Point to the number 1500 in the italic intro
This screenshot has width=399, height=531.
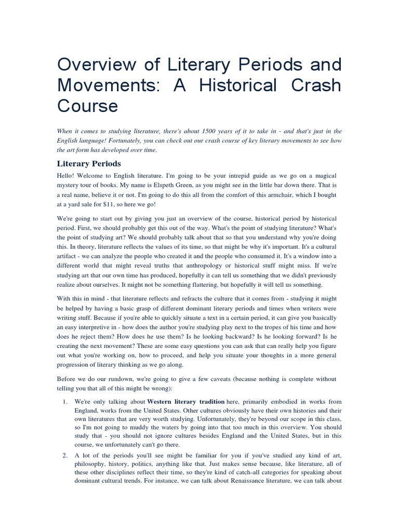click(x=224, y=131)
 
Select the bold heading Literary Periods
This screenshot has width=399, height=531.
click(x=88, y=164)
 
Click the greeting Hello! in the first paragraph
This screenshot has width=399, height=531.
click(x=66, y=176)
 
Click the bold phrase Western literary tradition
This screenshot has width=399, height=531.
click(x=186, y=402)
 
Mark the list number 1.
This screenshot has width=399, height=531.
click(x=64, y=402)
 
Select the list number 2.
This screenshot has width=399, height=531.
click(x=64, y=455)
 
